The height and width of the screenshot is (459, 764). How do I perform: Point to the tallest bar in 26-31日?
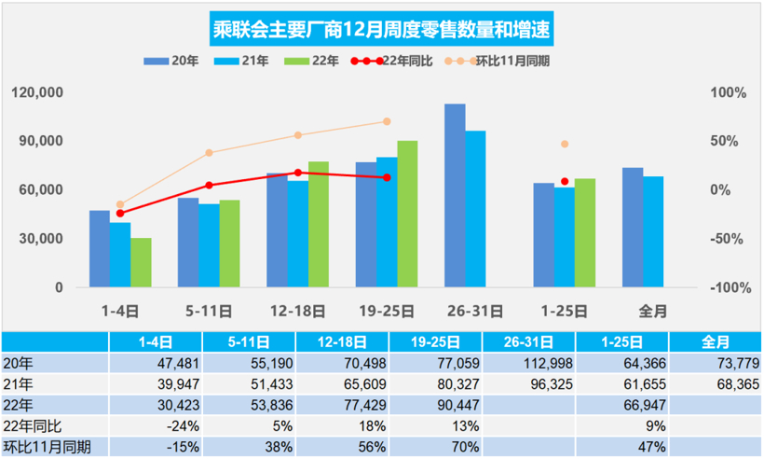click(455, 195)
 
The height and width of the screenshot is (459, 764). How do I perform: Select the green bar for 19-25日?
click(407, 214)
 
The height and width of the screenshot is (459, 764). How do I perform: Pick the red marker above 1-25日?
click(565, 181)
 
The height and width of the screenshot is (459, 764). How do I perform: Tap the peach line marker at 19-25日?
click(387, 121)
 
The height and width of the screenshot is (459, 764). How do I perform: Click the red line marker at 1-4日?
click(119, 213)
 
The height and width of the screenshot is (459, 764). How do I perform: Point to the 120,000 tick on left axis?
click(38, 93)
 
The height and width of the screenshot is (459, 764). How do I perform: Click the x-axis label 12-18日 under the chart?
click(297, 310)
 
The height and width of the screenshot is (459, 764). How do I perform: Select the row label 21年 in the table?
click(18, 383)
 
